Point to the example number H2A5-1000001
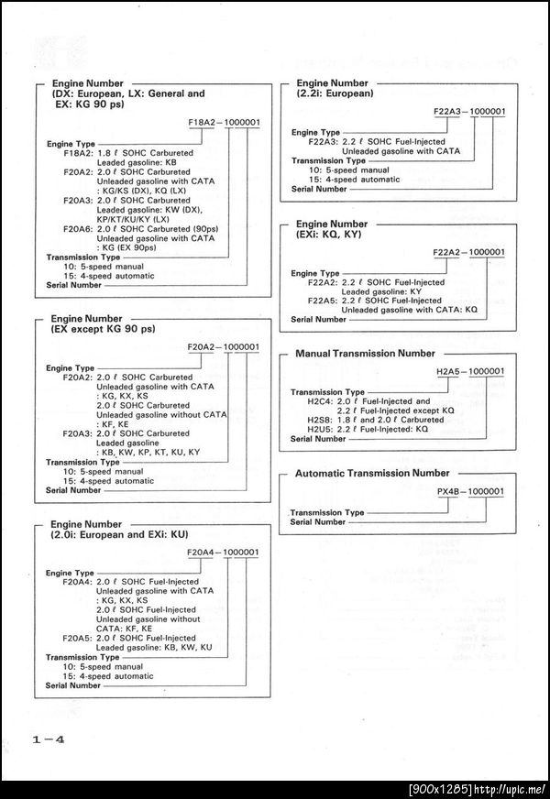point(469,370)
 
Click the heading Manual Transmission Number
point(365,354)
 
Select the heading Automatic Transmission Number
point(372,474)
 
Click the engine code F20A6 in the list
point(77,228)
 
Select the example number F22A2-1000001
point(468,251)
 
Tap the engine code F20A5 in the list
point(77,638)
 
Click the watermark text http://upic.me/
point(509,789)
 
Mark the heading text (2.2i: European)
point(335,93)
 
